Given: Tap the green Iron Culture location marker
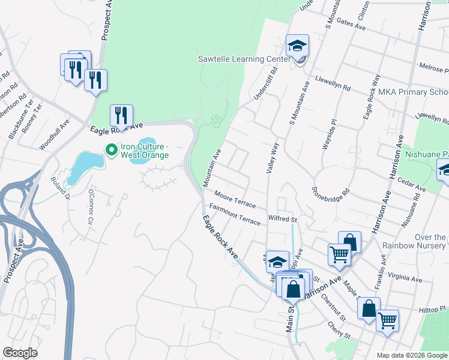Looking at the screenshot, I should tap(111, 149).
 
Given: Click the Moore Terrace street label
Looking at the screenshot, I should tap(235, 201).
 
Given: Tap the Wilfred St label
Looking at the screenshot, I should tap(283, 220).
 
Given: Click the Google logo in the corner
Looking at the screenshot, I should tap(20, 353).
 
